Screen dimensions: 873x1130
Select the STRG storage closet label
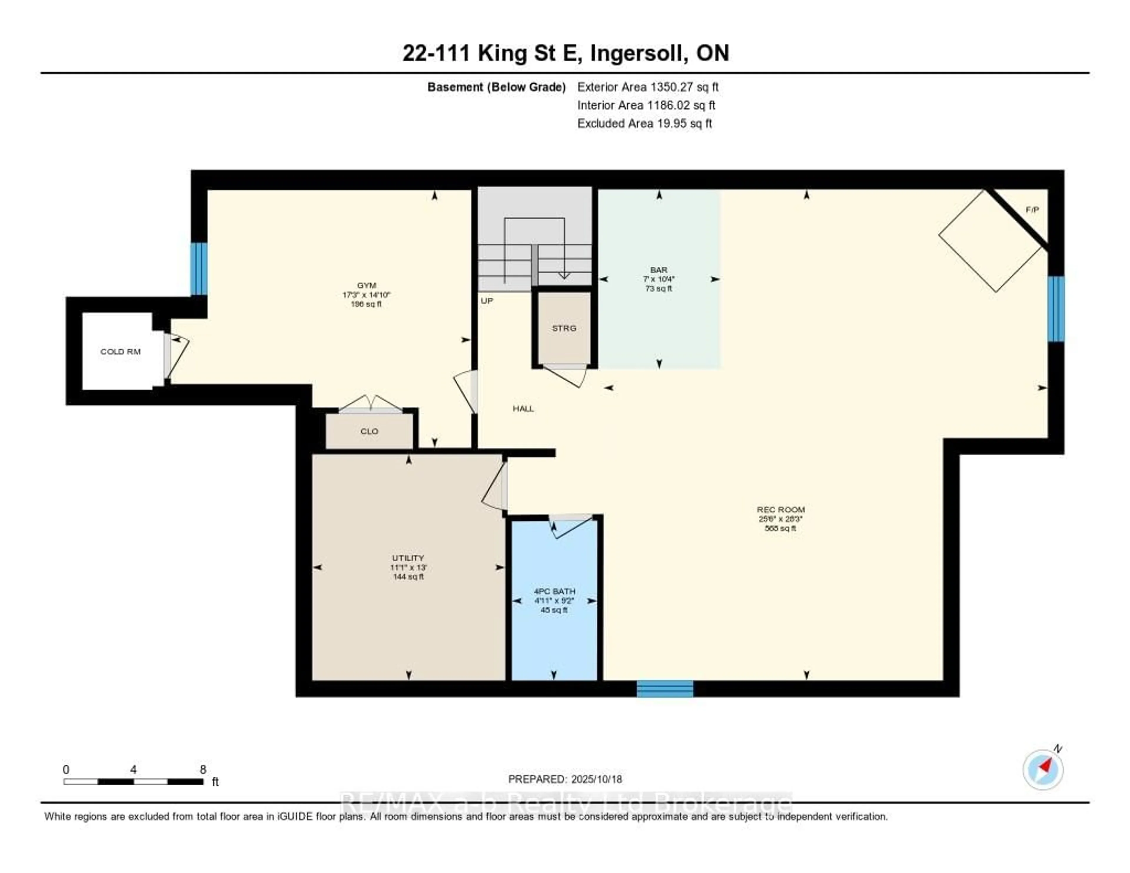coord(564,328)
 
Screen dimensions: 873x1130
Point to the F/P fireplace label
coord(1032,210)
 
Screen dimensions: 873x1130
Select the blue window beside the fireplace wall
coord(1056,309)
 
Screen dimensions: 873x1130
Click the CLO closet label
coord(369,431)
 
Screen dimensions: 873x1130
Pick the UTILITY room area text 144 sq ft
coord(408,577)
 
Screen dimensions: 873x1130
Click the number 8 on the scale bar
coord(203,769)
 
